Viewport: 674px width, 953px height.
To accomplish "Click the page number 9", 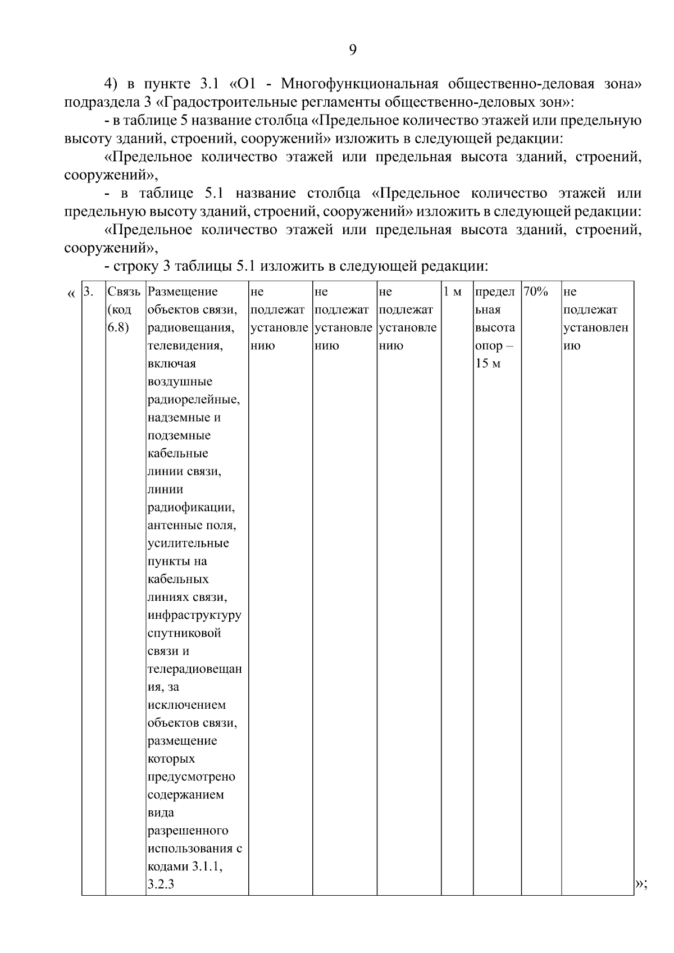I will [x=352, y=51].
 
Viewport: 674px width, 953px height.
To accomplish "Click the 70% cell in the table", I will [x=535, y=291].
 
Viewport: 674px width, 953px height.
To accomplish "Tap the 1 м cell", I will [x=452, y=291].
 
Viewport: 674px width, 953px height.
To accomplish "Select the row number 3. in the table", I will [x=88, y=291].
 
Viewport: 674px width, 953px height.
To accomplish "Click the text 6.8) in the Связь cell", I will [x=118, y=327].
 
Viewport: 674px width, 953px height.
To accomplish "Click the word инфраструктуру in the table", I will [x=194, y=615].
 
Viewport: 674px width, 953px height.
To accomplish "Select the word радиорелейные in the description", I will [x=193, y=399].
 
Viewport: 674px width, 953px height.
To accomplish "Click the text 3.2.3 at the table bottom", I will [x=161, y=884].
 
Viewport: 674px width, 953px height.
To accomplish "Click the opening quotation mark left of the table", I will [x=71, y=294].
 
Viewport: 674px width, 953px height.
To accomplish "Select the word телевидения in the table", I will [x=185, y=345].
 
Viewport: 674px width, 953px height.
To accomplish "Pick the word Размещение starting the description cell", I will [x=182, y=291].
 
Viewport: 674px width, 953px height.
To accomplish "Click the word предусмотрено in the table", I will [x=191, y=777].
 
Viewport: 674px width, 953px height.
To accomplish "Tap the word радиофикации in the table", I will [x=190, y=507].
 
